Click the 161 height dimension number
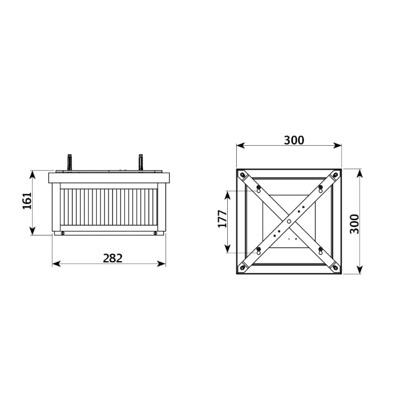coord(27,201)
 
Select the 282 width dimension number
coord(112,258)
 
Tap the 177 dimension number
coord(222,219)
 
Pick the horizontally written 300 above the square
coord(294,140)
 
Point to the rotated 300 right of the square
coord(355,224)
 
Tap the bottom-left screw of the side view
coord(62,233)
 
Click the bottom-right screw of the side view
coord(155,233)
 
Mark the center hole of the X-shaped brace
coord(289,221)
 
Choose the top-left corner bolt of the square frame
coord(243,175)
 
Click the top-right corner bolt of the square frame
coord(335,175)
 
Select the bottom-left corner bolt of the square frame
coord(243,268)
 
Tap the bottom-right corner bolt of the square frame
coord(335,268)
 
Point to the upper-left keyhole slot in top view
coord(258,189)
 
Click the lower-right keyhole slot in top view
coord(320,251)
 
